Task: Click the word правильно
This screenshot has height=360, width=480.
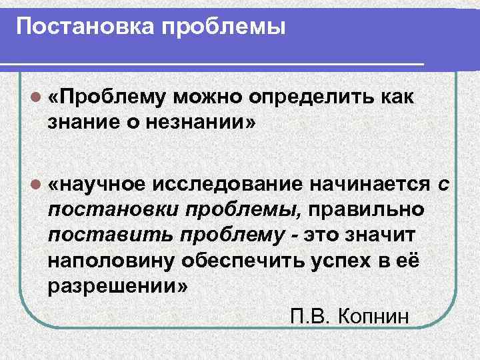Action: pyautogui.click(x=369, y=209)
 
